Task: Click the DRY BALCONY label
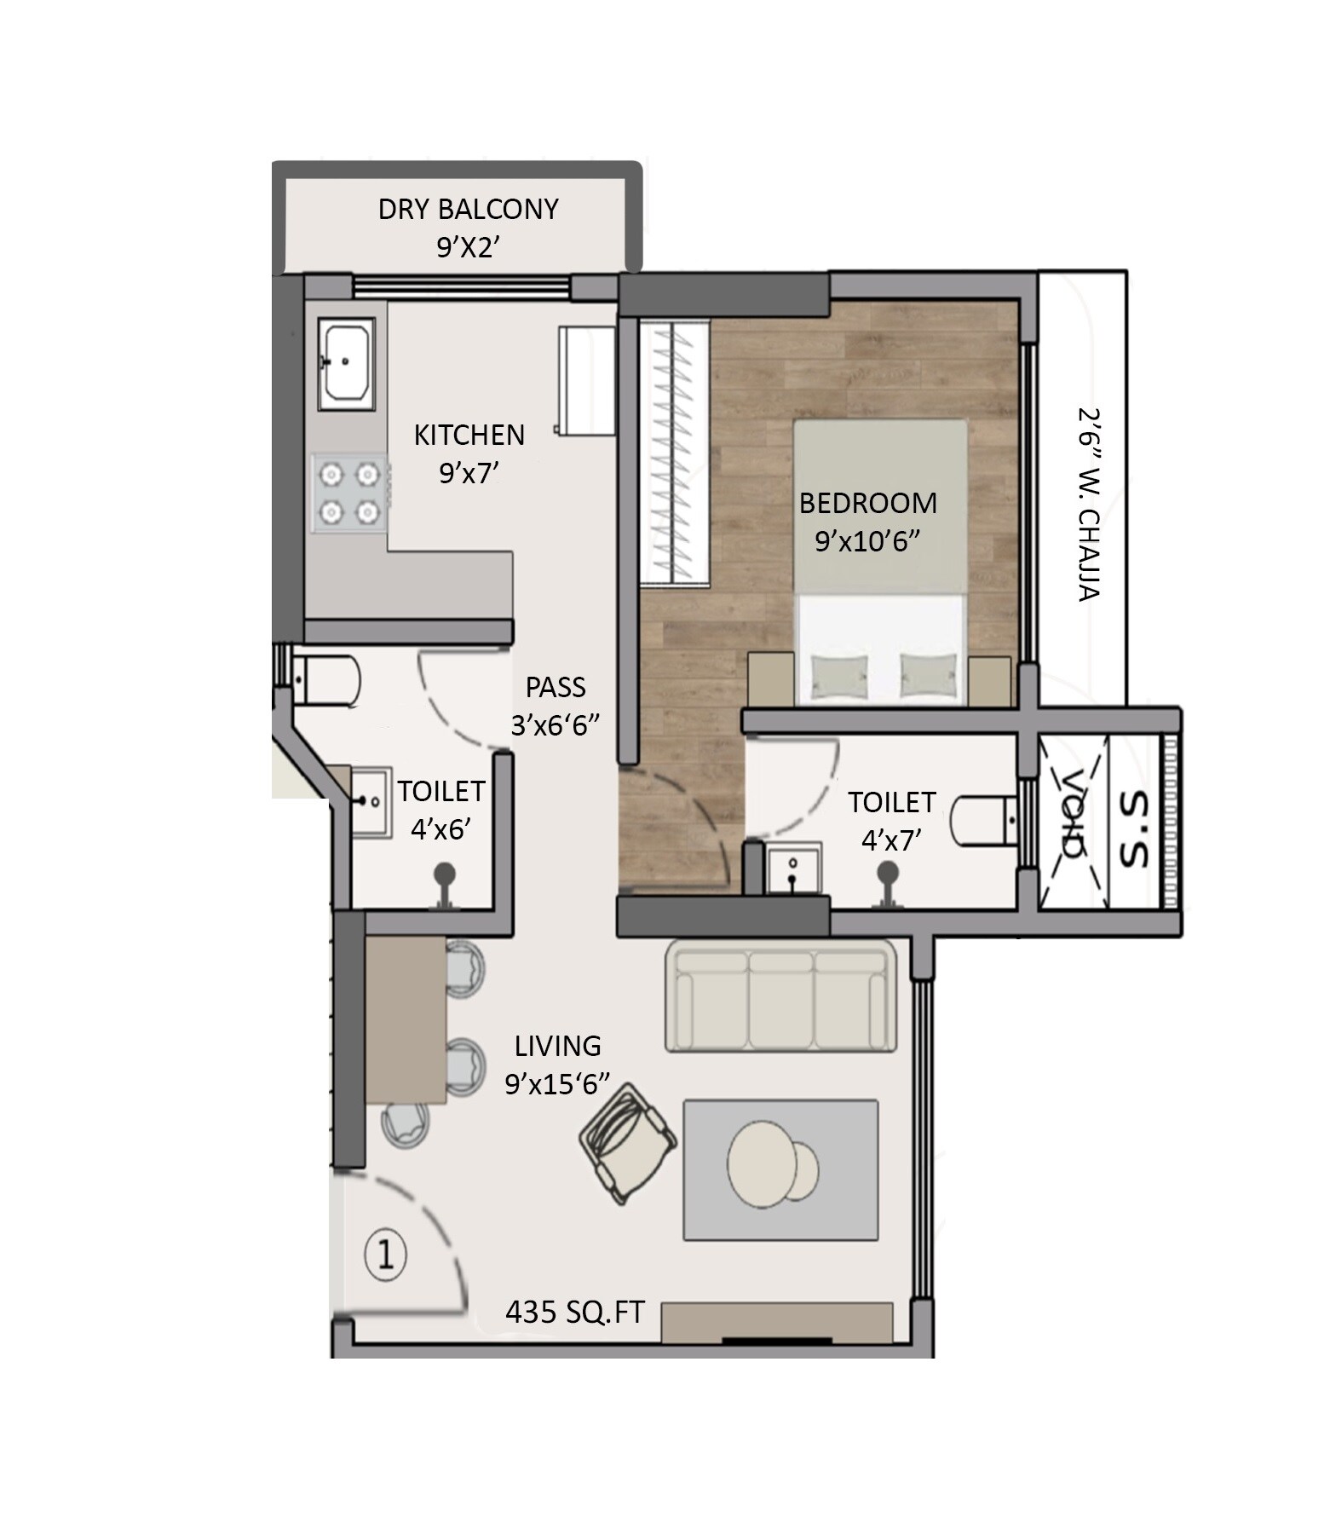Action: point(468,210)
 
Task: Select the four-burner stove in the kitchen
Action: point(349,493)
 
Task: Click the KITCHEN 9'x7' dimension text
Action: point(469,473)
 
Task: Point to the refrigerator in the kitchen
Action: point(587,380)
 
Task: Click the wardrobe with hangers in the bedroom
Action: point(674,453)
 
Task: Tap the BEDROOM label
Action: point(867,504)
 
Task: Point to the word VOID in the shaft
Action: point(1072,813)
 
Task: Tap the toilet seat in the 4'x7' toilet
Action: point(985,820)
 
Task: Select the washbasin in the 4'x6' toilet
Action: point(370,801)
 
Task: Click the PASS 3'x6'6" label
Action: point(556,706)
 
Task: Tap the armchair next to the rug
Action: point(628,1141)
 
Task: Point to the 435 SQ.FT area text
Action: point(574,1312)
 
